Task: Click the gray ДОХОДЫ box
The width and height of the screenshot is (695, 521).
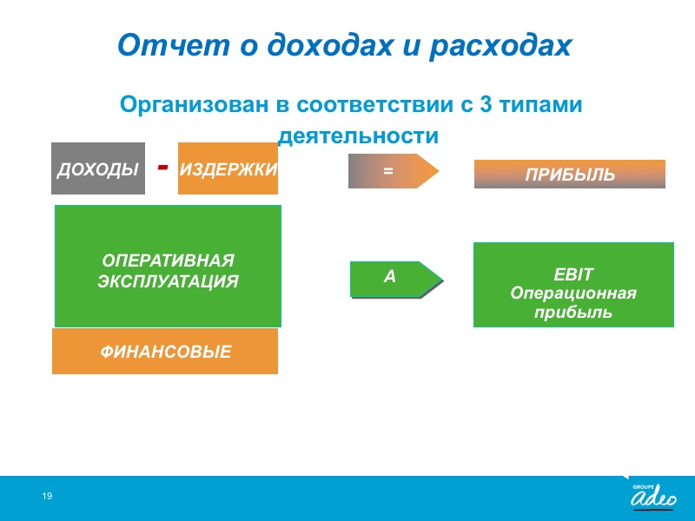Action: (98, 168)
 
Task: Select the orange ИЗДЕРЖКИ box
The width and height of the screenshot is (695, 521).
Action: (228, 168)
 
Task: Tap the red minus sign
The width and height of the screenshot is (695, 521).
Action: (163, 167)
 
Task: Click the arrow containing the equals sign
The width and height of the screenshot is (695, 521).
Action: (394, 171)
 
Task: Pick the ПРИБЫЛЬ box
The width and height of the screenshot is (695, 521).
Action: (570, 175)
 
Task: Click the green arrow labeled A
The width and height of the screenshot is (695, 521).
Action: (396, 280)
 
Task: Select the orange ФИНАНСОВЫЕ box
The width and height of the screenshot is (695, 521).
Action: (165, 352)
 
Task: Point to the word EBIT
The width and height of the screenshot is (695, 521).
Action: (573, 274)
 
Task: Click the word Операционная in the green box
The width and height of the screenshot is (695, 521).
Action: (573, 293)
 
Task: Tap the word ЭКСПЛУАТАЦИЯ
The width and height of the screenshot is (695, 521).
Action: (168, 281)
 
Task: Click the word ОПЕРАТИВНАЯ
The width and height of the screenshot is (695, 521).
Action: (168, 260)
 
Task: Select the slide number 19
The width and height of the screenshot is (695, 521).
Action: (47, 496)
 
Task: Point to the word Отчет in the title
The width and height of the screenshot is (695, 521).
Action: (174, 45)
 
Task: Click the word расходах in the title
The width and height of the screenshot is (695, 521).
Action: (501, 46)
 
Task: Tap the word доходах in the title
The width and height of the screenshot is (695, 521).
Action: (330, 46)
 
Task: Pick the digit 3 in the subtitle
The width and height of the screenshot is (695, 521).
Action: (486, 105)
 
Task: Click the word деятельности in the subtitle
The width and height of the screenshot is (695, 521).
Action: (358, 135)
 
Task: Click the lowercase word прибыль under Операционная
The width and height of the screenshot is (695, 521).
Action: (573, 313)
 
